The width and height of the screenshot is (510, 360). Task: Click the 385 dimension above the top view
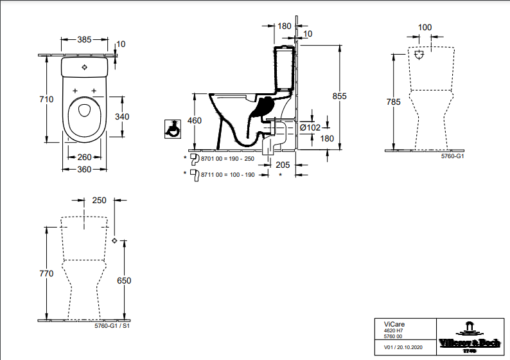pyautogui.click(x=85, y=39)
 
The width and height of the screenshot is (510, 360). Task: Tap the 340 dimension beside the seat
pyautogui.click(x=123, y=116)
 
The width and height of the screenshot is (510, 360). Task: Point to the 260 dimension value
pyautogui.click(x=84, y=156)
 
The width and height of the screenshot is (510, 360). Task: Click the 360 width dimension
pyautogui.click(x=84, y=169)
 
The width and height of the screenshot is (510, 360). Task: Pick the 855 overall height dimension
pyautogui.click(x=339, y=96)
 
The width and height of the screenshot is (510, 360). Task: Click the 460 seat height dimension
pyautogui.click(x=195, y=121)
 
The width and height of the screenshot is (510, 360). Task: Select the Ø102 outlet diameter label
pyautogui.click(x=310, y=127)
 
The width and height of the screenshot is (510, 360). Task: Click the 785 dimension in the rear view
pyautogui.click(x=394, y=102)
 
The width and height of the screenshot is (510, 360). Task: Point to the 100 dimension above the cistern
pyautogui.click(x=425, y=28)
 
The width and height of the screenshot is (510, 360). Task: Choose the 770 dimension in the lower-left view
pyautogui.click(x=46, y=273)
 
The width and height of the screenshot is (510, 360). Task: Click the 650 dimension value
pyautogui.click(x=124, y=280)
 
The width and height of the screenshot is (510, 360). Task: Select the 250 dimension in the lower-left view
pyautogui.click(x=99, y=200)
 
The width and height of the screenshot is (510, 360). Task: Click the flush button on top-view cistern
pyautogui.click(x=85, y=67)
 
